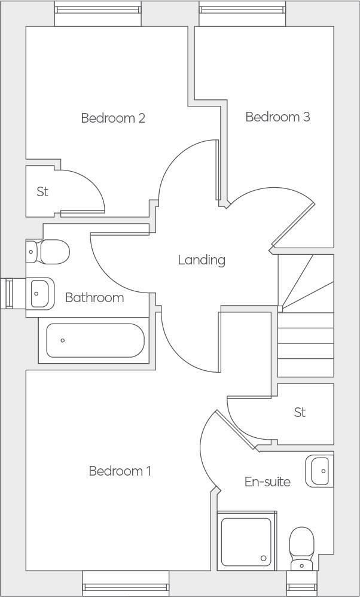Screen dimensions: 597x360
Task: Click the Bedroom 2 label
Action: tap(113, 118)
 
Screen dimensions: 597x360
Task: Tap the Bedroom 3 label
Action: tap(277, 117)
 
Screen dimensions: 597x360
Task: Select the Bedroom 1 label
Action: tap(120, 471)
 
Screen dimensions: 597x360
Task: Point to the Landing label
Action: tap(202, 260)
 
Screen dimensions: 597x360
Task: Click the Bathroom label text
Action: tap(94, 298)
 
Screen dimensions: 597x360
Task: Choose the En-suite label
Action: tap(267, 482)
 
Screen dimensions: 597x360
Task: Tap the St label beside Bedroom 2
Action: tap(42, 192)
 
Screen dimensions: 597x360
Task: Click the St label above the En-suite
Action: tap(300, 413)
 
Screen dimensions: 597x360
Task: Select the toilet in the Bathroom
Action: tap(49, 252)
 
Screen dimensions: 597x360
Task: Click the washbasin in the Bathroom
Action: tap(41, 293)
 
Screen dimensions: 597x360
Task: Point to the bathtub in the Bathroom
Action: tap(95, 340)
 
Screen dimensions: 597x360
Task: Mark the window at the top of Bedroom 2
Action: tap(98, 10)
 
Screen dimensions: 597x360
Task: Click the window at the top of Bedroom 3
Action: tap(242, 10)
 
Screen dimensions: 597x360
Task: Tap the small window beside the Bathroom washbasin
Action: tap(8, 294)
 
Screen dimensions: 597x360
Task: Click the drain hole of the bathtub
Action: tap(63, 340)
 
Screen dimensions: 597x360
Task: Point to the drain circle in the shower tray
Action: tap(263, 558)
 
